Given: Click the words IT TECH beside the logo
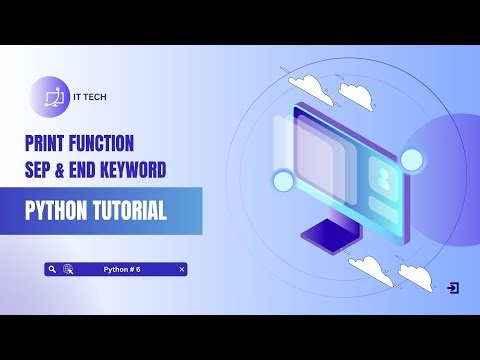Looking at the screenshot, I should [90, 97].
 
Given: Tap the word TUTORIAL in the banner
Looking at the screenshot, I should [139, 212].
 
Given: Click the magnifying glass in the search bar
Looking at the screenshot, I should [51, 269].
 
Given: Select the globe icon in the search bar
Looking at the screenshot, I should [68, 269].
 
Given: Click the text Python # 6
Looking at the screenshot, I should [122, 269].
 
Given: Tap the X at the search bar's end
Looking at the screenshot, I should [181, 269].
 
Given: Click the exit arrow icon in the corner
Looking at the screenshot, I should [453, 288].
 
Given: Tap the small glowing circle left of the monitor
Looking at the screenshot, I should [283, 180].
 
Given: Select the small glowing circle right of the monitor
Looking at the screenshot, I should [411, 159].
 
